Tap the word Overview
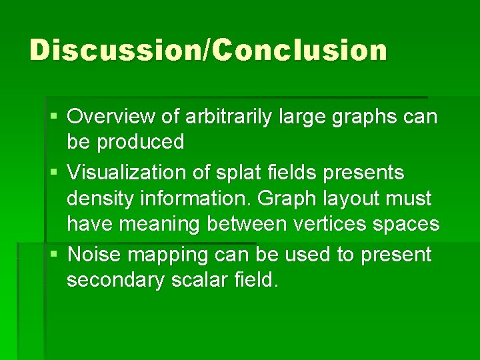[x=113, y=117]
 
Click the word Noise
[x=95, y=254]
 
